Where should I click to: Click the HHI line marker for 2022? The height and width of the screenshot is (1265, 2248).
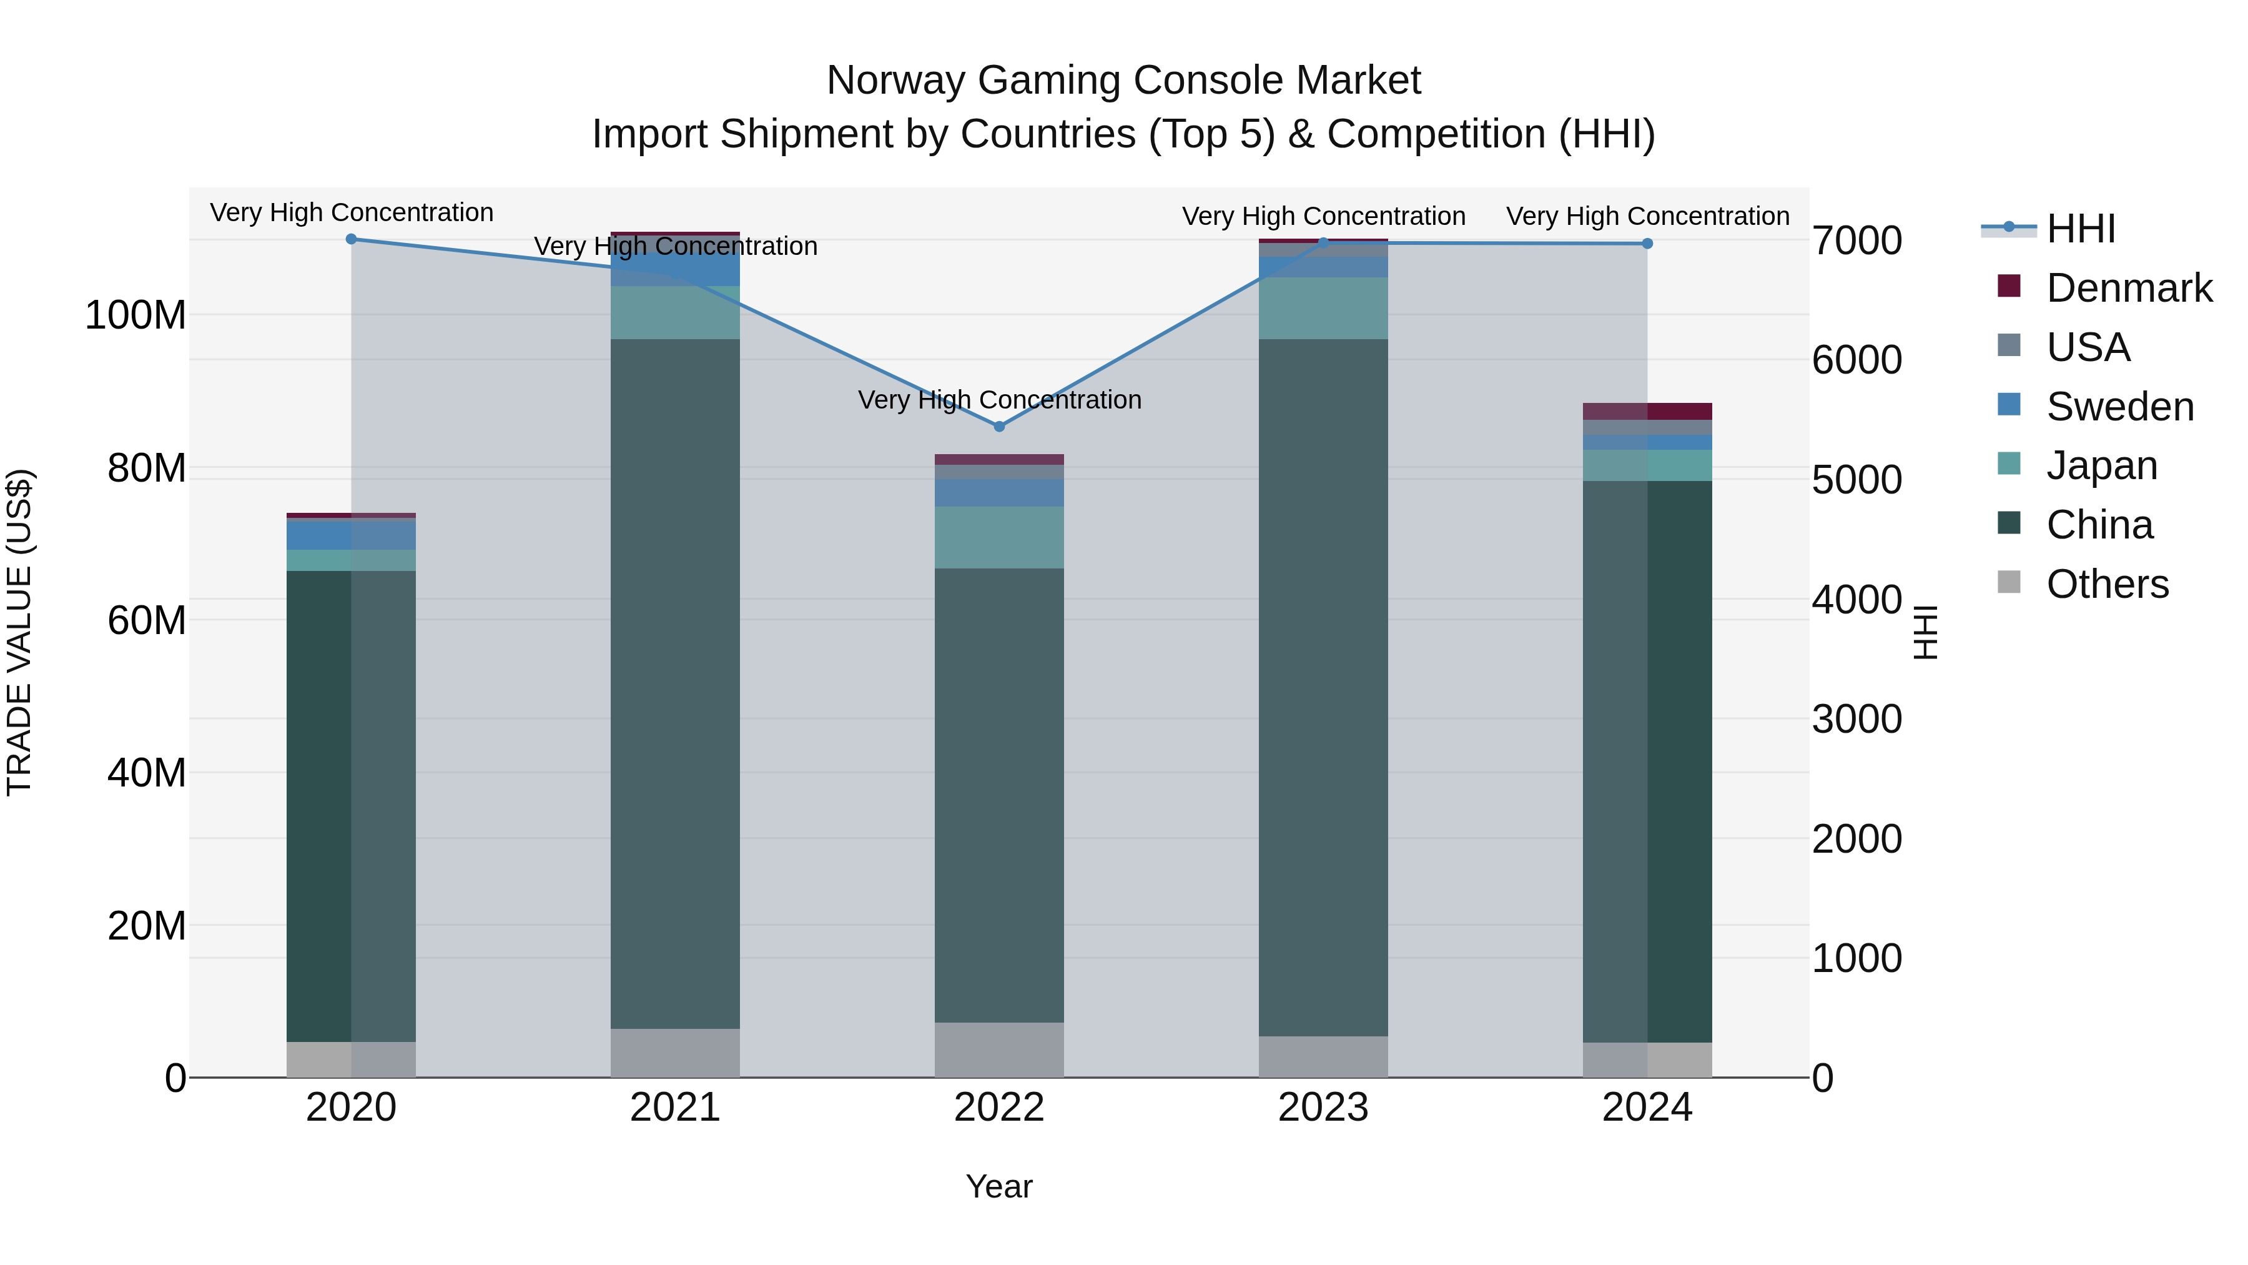coord(999,426)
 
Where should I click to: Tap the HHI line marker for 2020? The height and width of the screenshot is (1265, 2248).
coord(352,239)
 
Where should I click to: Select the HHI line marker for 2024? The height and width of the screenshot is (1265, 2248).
coord(1647,244)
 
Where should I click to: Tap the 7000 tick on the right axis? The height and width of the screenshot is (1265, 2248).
coord(1857,241)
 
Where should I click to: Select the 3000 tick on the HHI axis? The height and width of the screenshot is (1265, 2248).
coord(1857,720)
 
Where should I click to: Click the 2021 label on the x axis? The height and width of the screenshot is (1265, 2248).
coord(676,1108)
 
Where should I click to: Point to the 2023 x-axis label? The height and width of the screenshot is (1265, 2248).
coord(1323,1108)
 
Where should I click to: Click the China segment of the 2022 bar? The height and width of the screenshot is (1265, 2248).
coord(999,795)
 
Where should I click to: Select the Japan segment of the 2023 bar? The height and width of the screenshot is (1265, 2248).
coord(1323,308)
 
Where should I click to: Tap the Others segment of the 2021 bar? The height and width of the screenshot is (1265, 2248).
coord(676,1053)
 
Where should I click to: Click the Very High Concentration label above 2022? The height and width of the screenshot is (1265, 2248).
coord(999,400)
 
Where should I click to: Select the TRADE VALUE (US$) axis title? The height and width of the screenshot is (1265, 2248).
coord(19,632)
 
